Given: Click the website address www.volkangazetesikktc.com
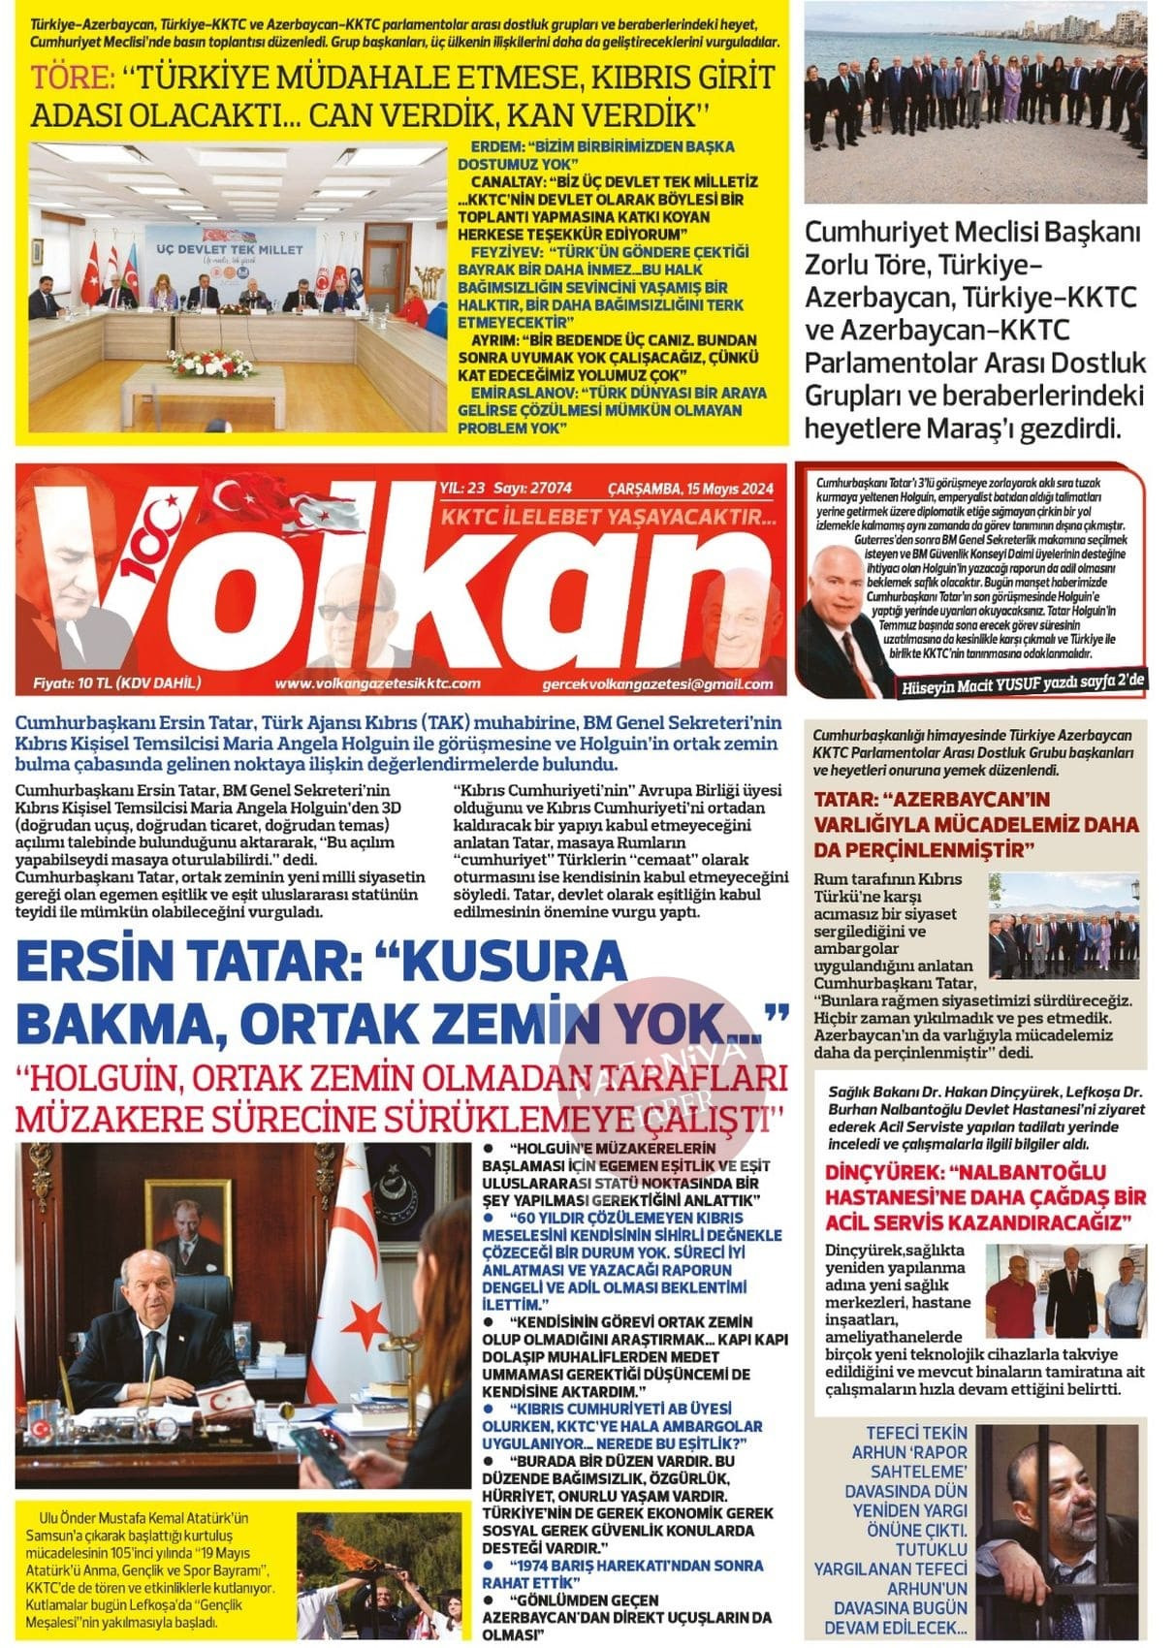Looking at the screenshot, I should (377, 683).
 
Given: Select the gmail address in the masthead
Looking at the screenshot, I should (658, 684).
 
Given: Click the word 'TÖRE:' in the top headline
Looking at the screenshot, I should (72, 78).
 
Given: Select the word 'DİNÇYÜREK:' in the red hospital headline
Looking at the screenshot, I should (883, 1171).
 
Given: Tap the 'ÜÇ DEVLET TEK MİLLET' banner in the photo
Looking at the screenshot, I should (230, 249).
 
